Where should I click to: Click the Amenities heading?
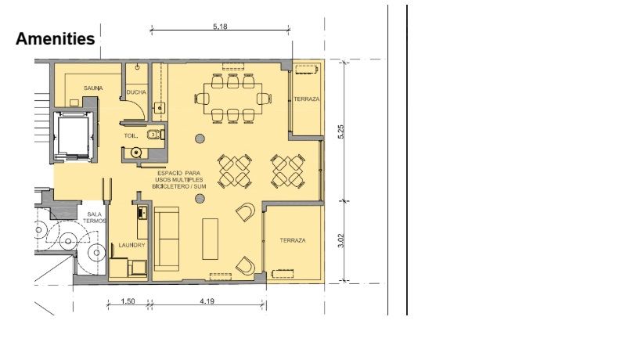point(56,39)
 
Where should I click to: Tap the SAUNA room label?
point(93,88)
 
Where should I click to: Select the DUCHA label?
point(136,92)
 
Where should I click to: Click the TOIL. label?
point(131,135)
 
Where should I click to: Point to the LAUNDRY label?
point(131,245)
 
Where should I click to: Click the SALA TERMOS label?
point(95,218)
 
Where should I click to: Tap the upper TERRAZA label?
point(307,99)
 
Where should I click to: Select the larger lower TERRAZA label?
point(293,241)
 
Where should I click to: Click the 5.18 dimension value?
point(220,27)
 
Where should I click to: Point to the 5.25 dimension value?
point(341,131)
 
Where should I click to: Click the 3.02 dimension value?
point(341,240)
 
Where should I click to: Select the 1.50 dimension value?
point(128,301)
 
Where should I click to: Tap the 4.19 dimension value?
point(207,301)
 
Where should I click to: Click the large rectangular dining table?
point(233,99)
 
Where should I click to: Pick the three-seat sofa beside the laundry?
point(167,239)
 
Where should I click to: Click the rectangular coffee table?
point(210,239)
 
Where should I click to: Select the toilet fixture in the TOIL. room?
point(155,135)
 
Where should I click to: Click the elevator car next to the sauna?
point(73,135)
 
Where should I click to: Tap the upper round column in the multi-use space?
point(200,139)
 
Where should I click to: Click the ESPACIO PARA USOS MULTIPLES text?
point(179,177)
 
